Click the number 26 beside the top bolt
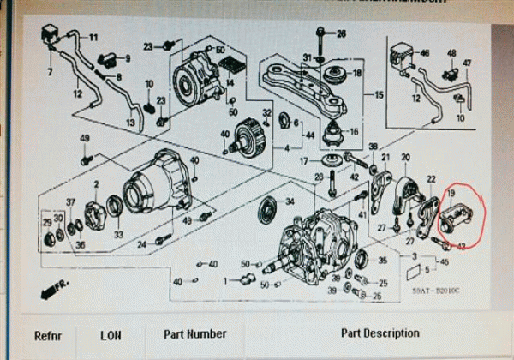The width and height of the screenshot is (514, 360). point(341,33)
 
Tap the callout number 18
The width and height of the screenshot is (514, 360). point(357,74)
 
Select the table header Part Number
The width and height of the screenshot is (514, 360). point(195,334)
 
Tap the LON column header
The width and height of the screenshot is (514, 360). point(111,335)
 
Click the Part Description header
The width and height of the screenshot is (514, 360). point(380,333)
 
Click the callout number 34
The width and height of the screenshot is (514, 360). point(290,202)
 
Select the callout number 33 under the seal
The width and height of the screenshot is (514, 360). point(117,234)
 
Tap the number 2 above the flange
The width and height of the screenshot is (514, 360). point(97,184)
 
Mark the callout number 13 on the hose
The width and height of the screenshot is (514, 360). point(130,123)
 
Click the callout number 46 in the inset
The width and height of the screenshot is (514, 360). point(424,53)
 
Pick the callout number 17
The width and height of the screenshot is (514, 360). point(303,160)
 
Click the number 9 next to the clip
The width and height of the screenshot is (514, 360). point(127,58)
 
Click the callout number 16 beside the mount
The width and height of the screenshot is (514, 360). point(354,132)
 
